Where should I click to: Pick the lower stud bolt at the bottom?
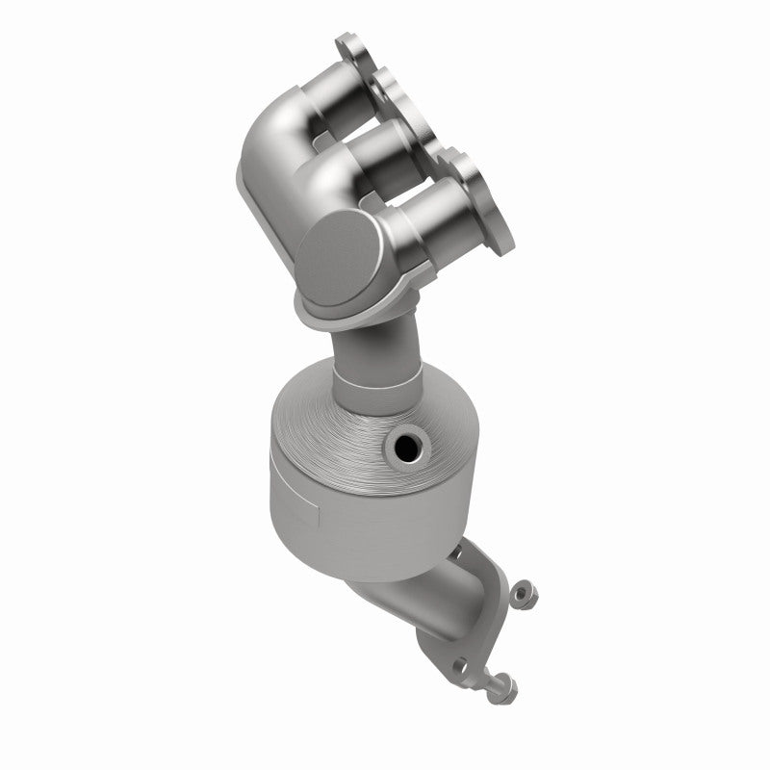click(503, 684)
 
